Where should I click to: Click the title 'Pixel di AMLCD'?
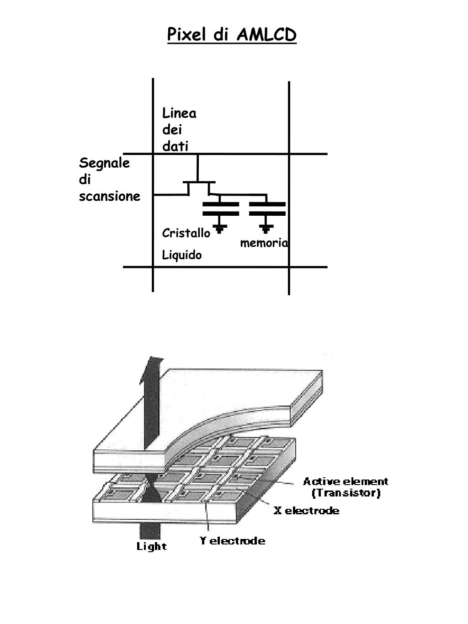[232, 35]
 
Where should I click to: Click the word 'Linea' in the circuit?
[179, 113]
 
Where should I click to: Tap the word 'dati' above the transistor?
[175, 146]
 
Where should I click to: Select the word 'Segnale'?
[104, 163]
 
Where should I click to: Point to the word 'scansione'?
[110, 197]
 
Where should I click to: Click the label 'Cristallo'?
[186, 233]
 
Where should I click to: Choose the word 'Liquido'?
[182, 255]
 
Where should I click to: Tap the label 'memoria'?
[264, 243]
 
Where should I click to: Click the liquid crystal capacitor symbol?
[220, 208]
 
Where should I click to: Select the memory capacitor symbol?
[267, 208]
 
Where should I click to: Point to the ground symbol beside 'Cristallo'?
[220, 229]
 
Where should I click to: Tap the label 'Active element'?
[346, 481]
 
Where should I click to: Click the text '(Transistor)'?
[346, 493]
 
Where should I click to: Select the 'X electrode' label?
[306, 511]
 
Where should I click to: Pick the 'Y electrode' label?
[232, 541]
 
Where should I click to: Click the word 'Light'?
[152, 546]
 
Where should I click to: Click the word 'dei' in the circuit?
[172, 130]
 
